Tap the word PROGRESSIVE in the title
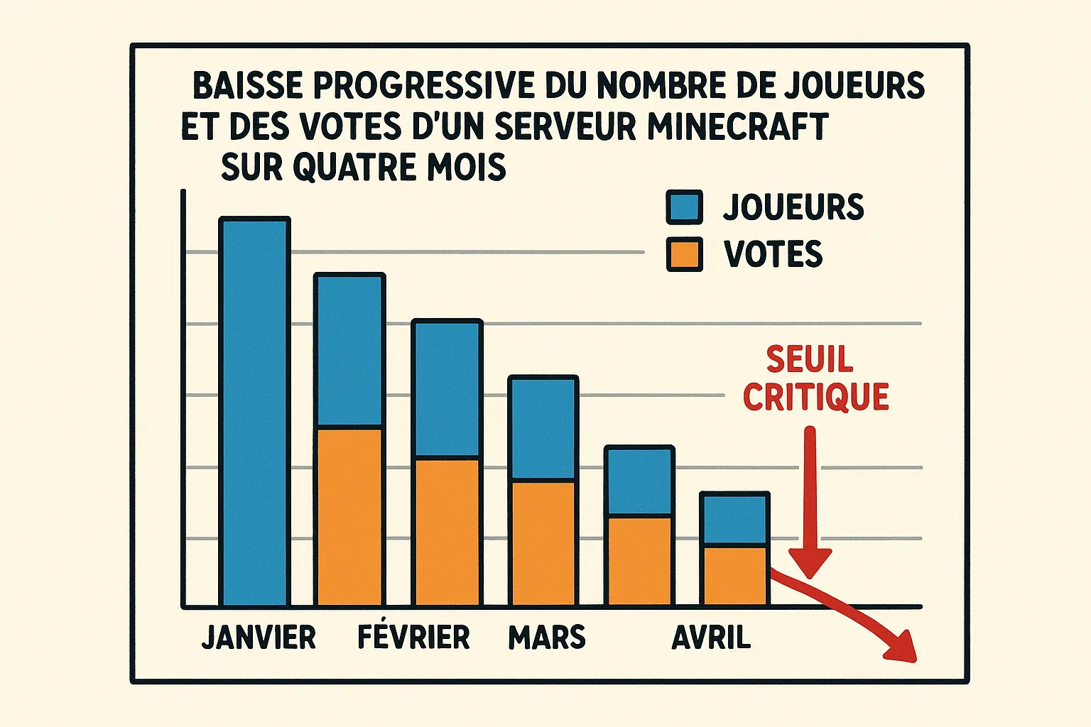(x=423, y=86)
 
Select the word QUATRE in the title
(x=354, y=168)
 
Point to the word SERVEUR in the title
(x=565, y=126)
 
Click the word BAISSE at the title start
(x=248, y=86)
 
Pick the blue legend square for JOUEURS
(x=684, y=207)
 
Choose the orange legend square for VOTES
(x=684, y=254)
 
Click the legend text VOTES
(x=773, y=254)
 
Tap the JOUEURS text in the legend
(x=793, y=207)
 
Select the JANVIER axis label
(x=259, y=638)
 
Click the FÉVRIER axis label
(x=413, y=638)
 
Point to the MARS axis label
(x=547, y=638)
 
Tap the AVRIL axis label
(x=711, y=638)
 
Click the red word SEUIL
(x=809, y=359)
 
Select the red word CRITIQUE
(x=816, y=397)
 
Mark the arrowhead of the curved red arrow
(x=902, y=647)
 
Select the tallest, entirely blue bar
(x=254, y=412)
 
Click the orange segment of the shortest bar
(x=734, y=576)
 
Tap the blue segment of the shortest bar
(x=734, y=520)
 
